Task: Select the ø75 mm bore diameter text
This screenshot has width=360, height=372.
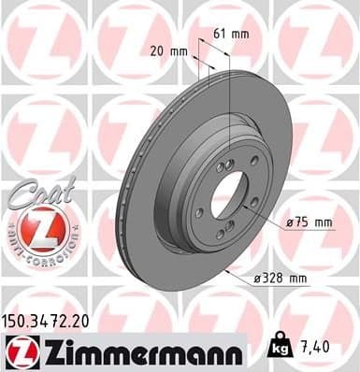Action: coord(310,222)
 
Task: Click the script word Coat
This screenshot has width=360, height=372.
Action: coord(35,198)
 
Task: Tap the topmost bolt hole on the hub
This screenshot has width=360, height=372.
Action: coord(224,165)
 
